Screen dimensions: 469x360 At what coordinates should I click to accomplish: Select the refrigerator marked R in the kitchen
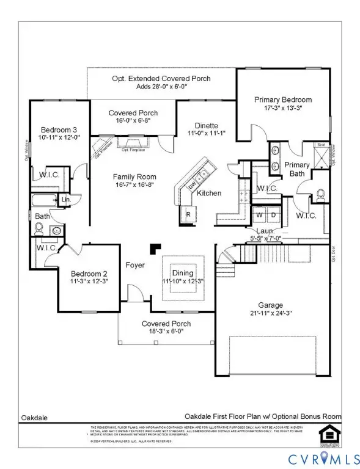[x=188, y=214]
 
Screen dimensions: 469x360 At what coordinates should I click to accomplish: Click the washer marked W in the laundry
[x=259, y=216]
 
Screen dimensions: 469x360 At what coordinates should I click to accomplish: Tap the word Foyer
[x=134, y=266]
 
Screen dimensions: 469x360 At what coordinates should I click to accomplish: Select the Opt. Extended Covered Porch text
[x=162, y=79]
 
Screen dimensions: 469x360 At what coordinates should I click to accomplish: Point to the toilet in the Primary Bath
[x=321, y=195]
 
